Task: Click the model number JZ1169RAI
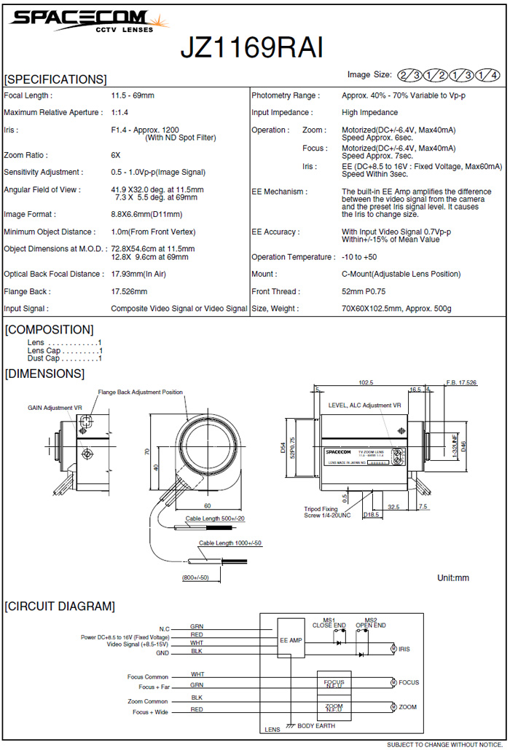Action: point(251,47)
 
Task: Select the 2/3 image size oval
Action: point(409,75)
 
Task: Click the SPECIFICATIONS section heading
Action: point(55,79)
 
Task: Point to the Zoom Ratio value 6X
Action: point(116,155)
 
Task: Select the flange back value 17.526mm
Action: point(129,291)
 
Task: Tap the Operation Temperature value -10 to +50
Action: point(359,257)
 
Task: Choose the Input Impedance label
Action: point(282,113)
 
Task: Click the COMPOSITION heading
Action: point(50,330)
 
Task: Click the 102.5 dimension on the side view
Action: point(366,382)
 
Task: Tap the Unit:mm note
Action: point(453,577)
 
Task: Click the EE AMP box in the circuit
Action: point(290,640)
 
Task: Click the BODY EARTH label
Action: point(318,727)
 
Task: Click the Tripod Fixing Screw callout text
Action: point(326,512)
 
